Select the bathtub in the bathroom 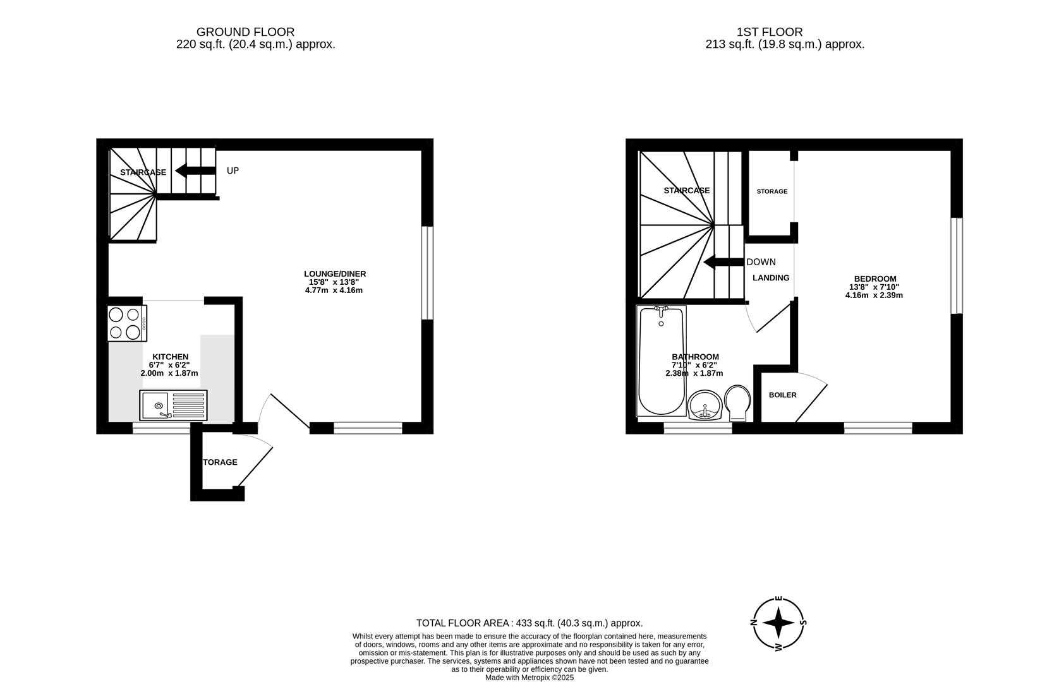point(661,361)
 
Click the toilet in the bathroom point(737,403)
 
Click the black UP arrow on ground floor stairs point(195,170)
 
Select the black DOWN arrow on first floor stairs point(723,262)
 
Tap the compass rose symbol point(778,623)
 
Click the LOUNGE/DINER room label point(335,274)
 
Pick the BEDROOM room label point(875,279)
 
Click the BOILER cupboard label point(782,395)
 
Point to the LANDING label point(771,278)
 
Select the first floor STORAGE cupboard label point(772,191)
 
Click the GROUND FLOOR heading point(245,32)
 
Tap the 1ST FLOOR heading point(770,32)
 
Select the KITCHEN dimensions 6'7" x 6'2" point(169,365)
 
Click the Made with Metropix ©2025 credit point(529,678)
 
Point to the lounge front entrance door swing point(287,410)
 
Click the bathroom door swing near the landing point(771,319)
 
